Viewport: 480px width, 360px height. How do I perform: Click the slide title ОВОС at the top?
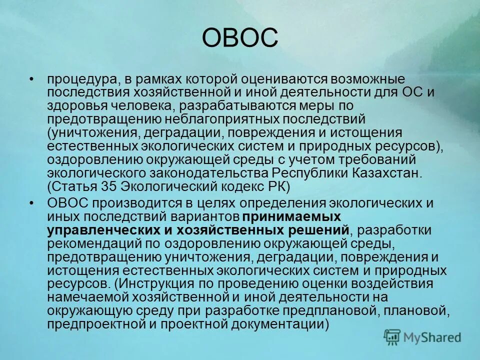click(240, 38)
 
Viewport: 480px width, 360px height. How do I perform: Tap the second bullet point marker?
click(32, 203)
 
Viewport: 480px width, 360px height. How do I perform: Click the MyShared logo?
click(422, 336)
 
